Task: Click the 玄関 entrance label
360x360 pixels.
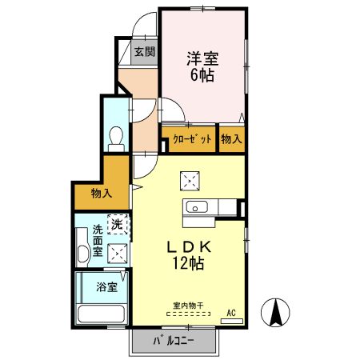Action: tap(143, 53)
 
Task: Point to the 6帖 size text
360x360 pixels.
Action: tap(202, 77)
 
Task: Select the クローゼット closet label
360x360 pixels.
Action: tap(193, 139)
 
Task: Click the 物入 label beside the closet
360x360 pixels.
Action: tap(231, 139)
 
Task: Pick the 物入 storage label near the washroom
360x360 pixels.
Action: tap(101, 194)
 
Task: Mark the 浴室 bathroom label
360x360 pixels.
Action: tap(106, 286)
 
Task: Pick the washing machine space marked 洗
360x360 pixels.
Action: tap(118, 224)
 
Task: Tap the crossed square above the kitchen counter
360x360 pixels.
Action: tap(190, 179)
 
